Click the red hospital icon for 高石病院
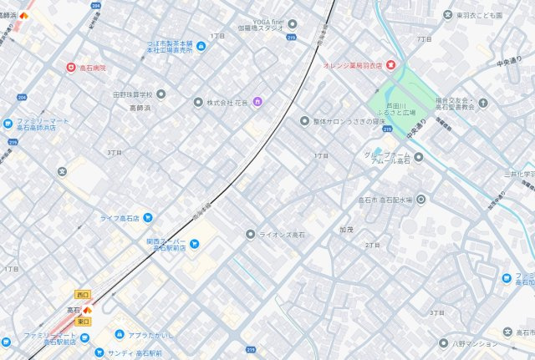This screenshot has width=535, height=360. pos(71,67)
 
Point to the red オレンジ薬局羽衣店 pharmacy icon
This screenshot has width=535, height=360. pos(390,65)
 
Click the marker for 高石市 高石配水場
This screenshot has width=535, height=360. pos(421,199)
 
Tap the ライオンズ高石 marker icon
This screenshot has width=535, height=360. pos(249,234)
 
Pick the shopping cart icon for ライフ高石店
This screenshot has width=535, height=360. pos(148,217)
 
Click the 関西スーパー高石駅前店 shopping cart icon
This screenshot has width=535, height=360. pos(194,245)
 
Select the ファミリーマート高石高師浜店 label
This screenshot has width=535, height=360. pos(40,124)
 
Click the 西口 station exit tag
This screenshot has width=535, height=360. pos(82,294)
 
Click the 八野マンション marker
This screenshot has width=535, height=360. pos(444,342)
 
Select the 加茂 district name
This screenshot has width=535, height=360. pos(347,227)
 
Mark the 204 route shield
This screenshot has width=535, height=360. pos(94,5)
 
